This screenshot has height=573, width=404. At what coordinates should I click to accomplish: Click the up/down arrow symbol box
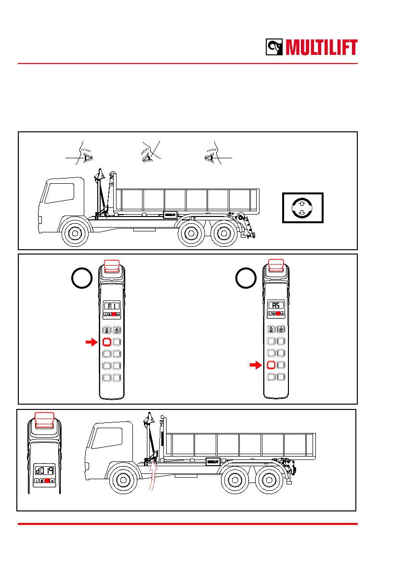302,207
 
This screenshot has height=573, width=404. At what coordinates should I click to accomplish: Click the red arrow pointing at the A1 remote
91,342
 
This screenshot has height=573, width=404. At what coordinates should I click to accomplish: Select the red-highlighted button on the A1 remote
107,343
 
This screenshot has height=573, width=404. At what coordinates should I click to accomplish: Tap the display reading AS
276,305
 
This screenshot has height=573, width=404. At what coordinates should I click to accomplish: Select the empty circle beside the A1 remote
81,280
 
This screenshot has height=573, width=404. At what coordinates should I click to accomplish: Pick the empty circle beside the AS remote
246,280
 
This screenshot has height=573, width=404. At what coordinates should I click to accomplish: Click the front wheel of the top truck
74,233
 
